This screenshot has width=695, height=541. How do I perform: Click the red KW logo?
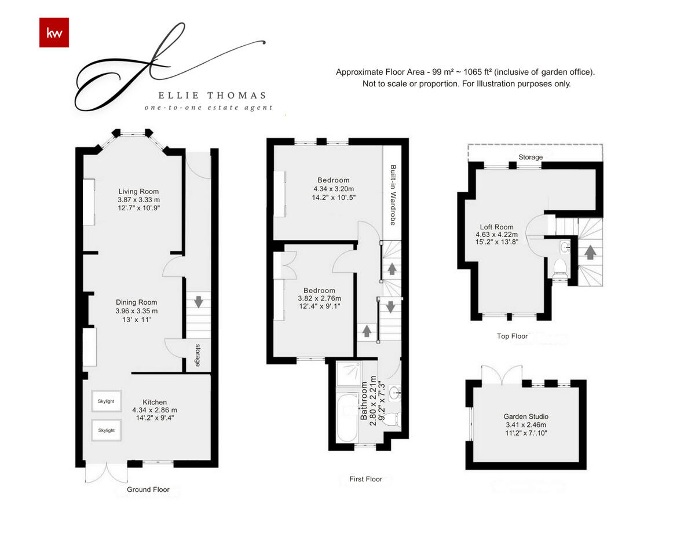(54, 32)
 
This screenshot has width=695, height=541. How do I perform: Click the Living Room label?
(138, 192)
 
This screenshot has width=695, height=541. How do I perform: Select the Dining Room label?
(136, 302)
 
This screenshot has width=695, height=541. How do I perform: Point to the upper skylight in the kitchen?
(106, 401)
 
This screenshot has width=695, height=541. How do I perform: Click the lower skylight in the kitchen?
(106, 430)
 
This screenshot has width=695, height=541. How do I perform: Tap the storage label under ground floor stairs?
(197, 356)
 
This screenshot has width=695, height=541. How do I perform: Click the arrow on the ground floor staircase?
(198, 301)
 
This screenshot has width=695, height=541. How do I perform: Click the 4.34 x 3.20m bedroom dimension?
(333, 189)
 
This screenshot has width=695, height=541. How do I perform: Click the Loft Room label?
(496, 227)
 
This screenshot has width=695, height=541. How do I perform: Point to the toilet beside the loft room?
(560, 267)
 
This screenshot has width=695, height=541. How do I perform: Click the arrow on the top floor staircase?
(590, 253)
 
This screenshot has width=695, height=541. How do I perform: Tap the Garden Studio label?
(526, 416)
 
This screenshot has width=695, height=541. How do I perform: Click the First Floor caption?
(365, 479)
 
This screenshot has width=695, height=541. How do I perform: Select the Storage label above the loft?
(531, 157)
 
